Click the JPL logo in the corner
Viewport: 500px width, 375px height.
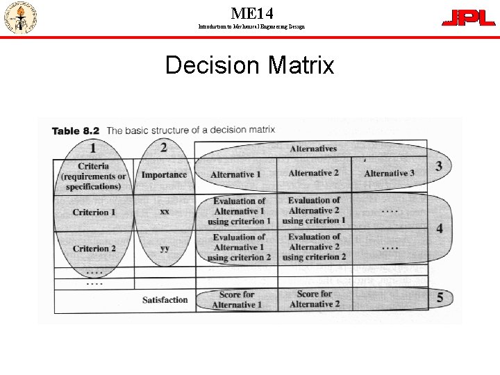pyautogui.click(x=469, y=18)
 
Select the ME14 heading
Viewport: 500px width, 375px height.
pyautogui.click(x=251, y=12)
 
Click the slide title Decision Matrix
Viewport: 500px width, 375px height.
pyautogui.click(x=249, y=65)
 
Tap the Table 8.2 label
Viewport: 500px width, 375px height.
pyautogui.click(x=76, y=131)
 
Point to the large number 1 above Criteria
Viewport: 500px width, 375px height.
pyautogui.click(x=93, y=147)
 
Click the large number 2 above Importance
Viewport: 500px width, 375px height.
pyautogui.click(x=163, y=147)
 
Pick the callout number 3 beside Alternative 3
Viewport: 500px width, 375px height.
pyautogui.click(x=439, y=166)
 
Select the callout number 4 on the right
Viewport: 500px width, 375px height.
pyautogui.click(x=440, y=228)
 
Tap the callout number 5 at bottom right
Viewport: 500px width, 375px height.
pyautogui.click(x=440, y=298)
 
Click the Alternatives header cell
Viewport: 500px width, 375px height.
pyautogui.click(x=313, y=149)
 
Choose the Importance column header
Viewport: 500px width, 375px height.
pyautogui.click(x=164, y=175)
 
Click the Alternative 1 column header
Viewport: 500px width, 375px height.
pyautogui.click(x=235, y=174)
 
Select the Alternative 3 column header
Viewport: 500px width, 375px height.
pyautogui.click(x=389, y=174)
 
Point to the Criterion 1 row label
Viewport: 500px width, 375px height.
pyautogui.click(x=94, y=212)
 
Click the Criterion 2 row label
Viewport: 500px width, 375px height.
pyautogui.click(x=94, y=248)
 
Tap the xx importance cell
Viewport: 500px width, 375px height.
pyautogui.click(x=165, y=211)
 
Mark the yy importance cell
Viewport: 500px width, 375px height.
pyautogui.click(x=165, y=248)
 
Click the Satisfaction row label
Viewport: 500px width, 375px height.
pyautogui.click(x=165, y=300)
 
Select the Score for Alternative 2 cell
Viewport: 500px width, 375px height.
pyautogui.click(x=315, y=299)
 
